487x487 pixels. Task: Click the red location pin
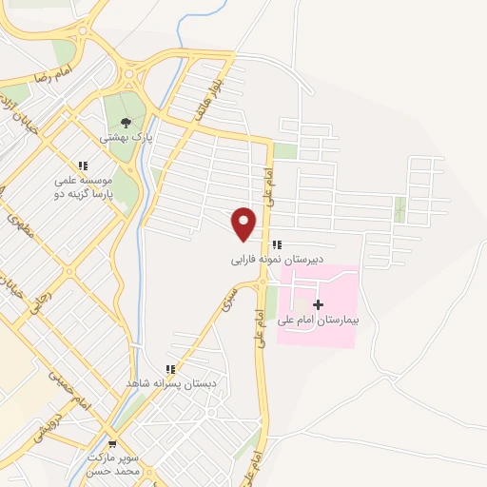(244, 223)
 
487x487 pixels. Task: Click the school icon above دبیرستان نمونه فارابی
(277, 244)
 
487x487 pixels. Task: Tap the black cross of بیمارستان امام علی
(317, 303)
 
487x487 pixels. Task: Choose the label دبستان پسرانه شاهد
(171, 382)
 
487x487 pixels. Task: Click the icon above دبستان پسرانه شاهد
(170, 368)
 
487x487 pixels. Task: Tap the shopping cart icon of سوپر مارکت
(112, 444)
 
